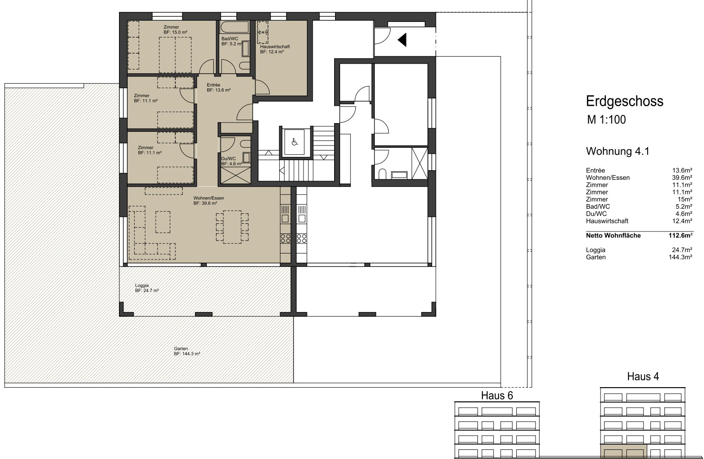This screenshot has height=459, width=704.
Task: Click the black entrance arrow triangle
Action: [x=402, y=40]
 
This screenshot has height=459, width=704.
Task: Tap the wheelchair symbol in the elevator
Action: [x=294, y=142]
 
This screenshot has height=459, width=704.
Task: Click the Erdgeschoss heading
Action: [x=624, y=101]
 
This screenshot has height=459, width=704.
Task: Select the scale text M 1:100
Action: [x=607, y=120]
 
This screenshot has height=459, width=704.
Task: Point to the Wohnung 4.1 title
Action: [x=617, y=151]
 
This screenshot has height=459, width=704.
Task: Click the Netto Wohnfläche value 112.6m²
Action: [x=681, y=236]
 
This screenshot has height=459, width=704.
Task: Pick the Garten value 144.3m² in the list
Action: [x=681, y=257]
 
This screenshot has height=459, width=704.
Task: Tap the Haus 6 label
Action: [x=497, y=395]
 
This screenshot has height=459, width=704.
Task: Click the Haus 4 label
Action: [x=643, y=376]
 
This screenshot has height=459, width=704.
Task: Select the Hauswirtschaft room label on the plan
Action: [x=275, y=49]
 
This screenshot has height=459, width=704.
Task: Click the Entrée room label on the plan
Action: [x=219, y=87]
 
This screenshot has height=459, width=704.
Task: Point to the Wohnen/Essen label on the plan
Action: [x=209, y=200]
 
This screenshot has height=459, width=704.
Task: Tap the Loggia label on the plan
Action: [x=147, y=288]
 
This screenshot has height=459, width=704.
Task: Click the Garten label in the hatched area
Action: [x=187, y=351]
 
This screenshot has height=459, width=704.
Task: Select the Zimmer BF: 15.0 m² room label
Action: [x=175, y=30]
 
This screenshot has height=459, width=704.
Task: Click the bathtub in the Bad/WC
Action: [x=234, y=27]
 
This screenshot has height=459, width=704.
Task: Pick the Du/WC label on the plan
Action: [x=232, y=161]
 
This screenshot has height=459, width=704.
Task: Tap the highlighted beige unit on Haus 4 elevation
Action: [x=623, y=452]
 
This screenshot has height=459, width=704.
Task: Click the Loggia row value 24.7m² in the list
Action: [x=682, y=250]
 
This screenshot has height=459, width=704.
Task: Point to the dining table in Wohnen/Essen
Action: [x=232, y=227]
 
